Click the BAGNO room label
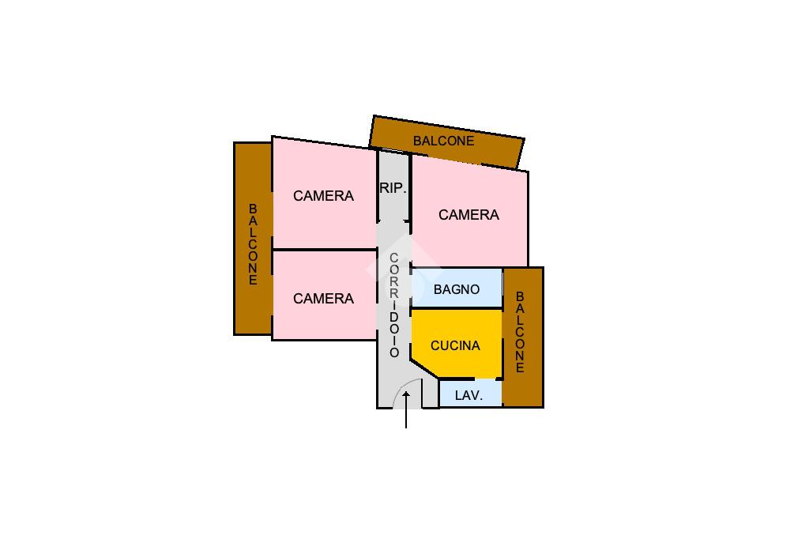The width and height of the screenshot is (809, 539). point(457,289)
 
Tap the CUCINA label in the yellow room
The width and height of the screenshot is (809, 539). point(455,345)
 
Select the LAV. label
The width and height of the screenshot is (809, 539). point(469,395)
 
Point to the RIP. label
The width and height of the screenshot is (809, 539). point(393,188)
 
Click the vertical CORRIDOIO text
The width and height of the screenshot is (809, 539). point(393,305)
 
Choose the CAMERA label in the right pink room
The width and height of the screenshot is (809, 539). point(468,215)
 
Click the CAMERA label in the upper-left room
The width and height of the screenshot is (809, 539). point(323,196)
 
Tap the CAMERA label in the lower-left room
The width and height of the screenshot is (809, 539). point(323,299)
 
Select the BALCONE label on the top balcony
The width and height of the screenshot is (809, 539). point(443,141)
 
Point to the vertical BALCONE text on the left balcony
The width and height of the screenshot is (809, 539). point(253,244)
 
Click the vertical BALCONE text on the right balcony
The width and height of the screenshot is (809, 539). point(520,332)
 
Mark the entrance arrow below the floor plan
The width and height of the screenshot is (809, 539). point(406,410)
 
